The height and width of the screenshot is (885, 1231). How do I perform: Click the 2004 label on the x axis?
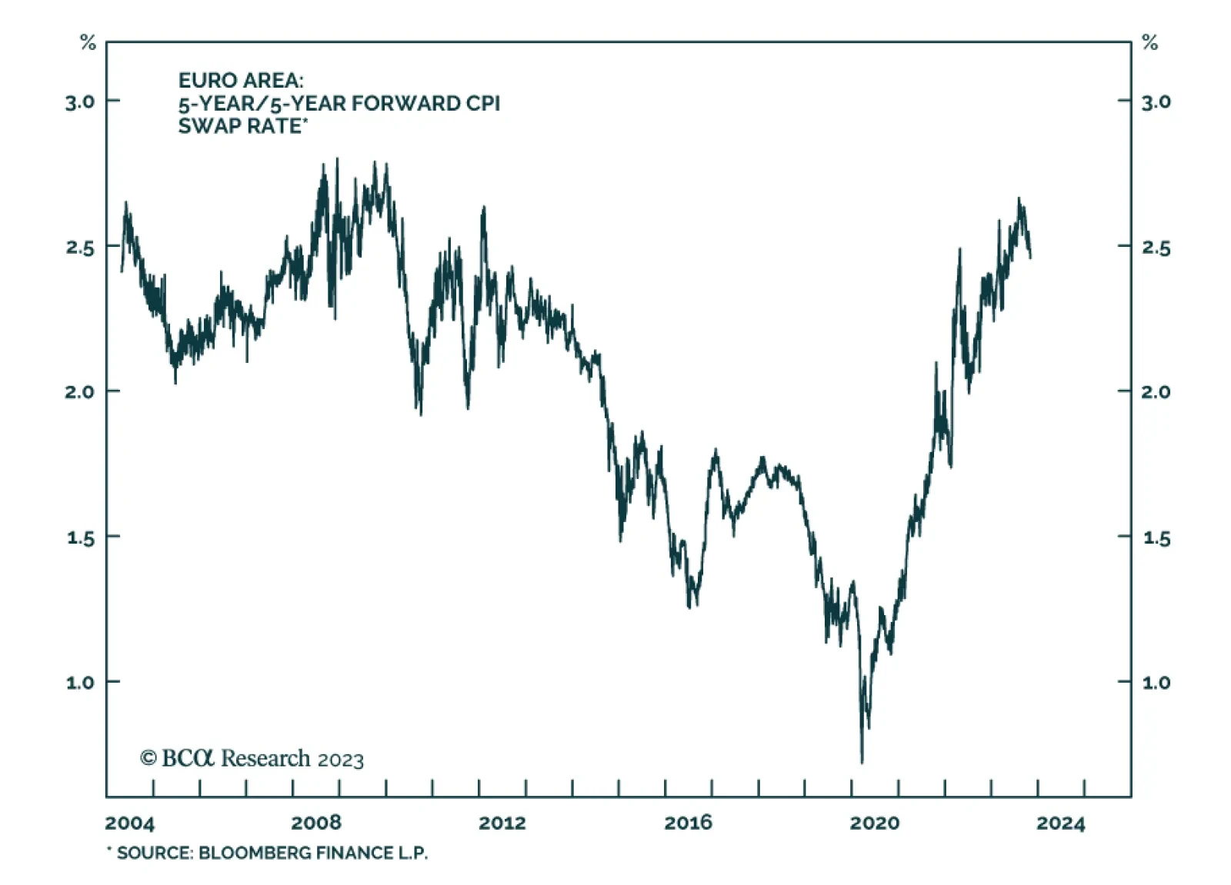[x=129, y=823]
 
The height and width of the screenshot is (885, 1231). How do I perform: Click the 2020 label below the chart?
[x=874, y=823]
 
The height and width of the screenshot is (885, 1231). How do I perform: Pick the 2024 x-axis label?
[x=1060, y=823]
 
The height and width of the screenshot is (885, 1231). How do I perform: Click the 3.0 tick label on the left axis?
[x=81, y=101]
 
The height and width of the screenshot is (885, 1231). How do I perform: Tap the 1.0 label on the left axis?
[x=81, y=683]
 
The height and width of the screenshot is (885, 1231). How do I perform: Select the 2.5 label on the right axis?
[x=1156, y=248]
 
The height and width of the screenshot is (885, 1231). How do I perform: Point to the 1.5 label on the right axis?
[x=1156, y=538]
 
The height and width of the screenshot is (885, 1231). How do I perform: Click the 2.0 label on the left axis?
[x=81, y=392]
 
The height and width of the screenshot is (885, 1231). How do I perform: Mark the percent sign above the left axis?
[x=88, y=43]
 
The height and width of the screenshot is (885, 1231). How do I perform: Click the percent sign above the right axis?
[x=1149, y=43]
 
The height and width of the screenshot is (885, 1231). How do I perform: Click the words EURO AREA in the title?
[x=241, y=81]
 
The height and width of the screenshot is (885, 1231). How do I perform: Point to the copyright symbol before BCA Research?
[x=148, y=758]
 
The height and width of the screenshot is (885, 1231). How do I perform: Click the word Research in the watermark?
[x=265, y=758]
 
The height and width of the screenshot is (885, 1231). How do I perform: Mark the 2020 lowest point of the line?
[x=862, y=761]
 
